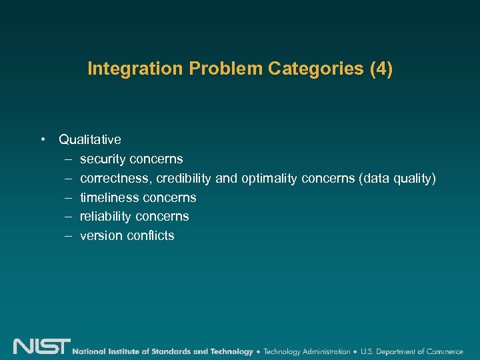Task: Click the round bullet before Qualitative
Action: click(42, 139)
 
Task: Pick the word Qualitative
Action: click(90, 139)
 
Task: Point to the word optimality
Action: click(269, 179)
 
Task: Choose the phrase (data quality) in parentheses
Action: click(397, 179)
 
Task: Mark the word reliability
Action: click(105, 216)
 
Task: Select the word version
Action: click(100, 235)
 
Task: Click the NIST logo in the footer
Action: click(41, 347)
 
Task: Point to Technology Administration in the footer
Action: click(307, 351)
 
